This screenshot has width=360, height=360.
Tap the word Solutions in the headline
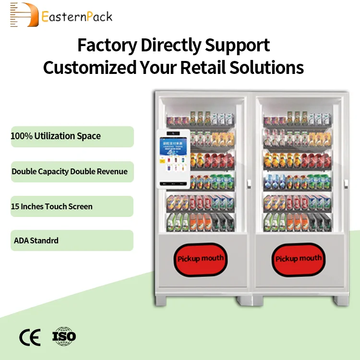pyautogui.click(x=266, y=68)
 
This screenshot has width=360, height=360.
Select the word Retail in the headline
pyautogui.click(x=201, y=68)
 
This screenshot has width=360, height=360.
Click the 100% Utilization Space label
pyautogui.click(x=56, y=136)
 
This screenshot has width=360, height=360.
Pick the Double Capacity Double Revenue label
pyautogui.click(x=70, y=171)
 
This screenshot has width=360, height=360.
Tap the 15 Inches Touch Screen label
pyautogui.click(x=52, y=206)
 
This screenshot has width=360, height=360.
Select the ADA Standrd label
pyautogui.click(x=36, y=240)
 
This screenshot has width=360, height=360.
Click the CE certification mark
pyautogui.click(x=30, y=337)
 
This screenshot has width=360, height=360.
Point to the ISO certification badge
pyautogui.click(x=64, y=336)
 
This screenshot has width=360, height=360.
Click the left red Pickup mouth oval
pyautogui.click(x=200, y=259)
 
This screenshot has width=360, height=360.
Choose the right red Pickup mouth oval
pyautogui.click(x=298, y=259)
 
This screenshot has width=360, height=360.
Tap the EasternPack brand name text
pyautogui.click(x=77, y=17)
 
